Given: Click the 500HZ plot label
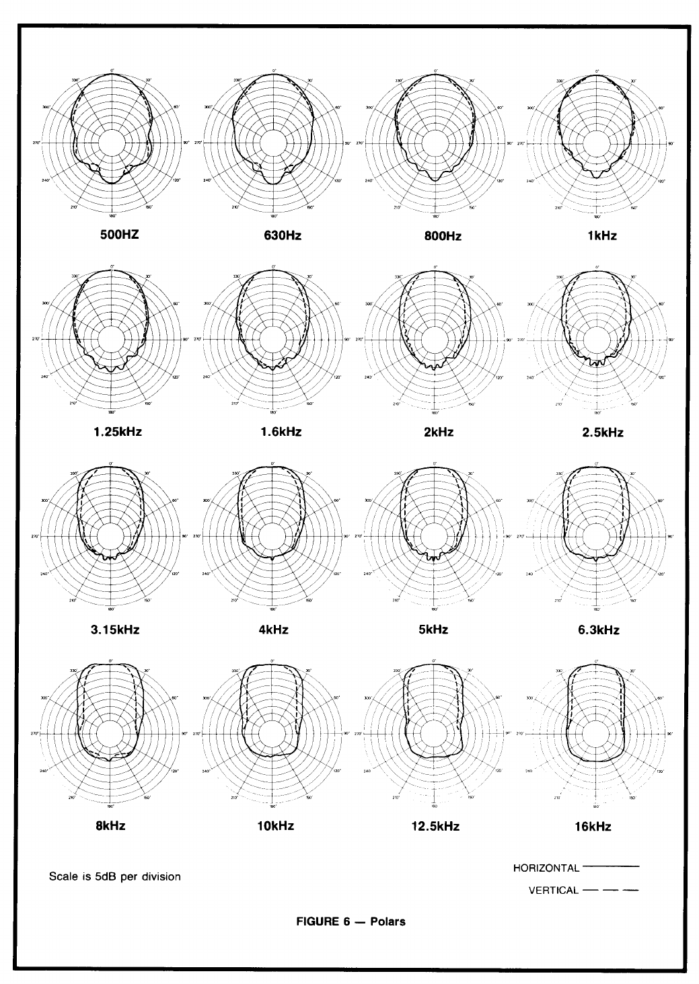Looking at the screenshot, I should [119, 234].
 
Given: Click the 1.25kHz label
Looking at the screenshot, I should [117, 431].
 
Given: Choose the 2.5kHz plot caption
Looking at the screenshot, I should [602, 432].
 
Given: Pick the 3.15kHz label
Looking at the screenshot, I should [114, 630].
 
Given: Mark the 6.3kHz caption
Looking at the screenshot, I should [599, 630].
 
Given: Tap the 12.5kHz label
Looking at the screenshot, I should [435, 826].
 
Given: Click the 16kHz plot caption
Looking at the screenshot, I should [593, 827].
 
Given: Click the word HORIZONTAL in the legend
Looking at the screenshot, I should [546, 868].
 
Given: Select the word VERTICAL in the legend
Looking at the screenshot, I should [554, 891].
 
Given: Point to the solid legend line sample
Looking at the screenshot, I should [611, 867].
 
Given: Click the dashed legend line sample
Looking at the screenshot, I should [611, 890].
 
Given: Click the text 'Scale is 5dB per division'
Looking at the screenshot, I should [115, 877].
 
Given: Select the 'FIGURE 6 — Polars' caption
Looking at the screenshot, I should [351, 921].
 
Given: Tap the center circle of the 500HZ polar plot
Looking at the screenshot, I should [112, 143].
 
